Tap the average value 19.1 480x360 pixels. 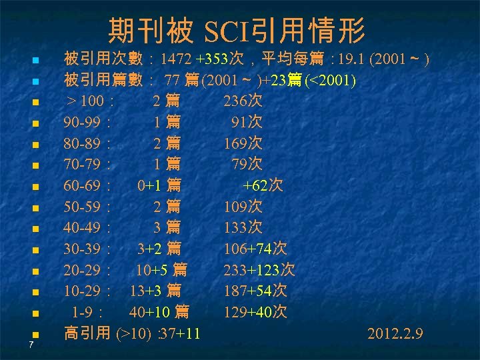pos(351,60)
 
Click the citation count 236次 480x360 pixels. pos(243,102)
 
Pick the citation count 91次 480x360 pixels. pos(246,123)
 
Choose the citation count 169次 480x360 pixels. pos(243,144)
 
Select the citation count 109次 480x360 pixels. pos(243,207)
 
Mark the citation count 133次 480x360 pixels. pos(243,228)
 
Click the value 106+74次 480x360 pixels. pos(255,249)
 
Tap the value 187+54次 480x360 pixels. pos(255,291)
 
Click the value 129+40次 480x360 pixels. pos(255,312)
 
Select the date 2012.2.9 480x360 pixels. pos(395,333)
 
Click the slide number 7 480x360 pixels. pos(31,345)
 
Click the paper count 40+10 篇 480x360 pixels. pos(159,312)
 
